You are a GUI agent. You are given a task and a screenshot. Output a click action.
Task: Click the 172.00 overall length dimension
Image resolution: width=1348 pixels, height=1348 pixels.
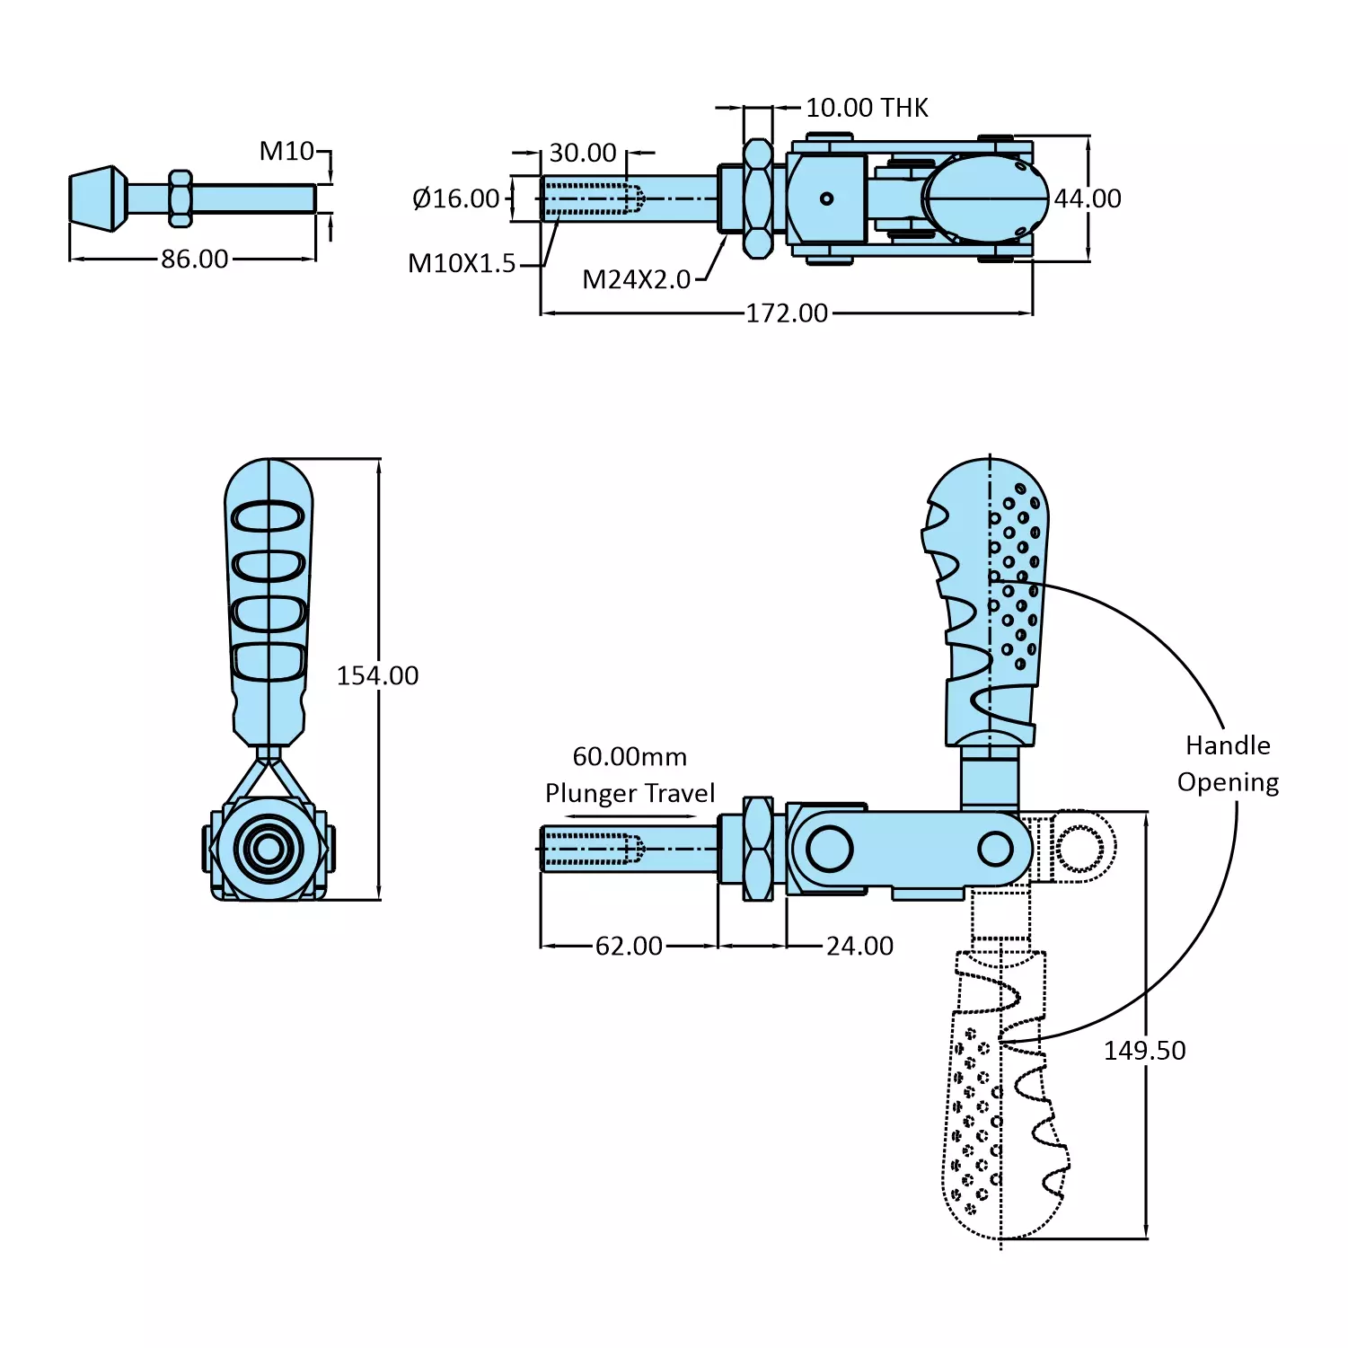(x=787, y=313)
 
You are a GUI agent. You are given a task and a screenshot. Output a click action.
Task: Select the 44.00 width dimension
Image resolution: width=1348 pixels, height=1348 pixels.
(x=1088, y=198)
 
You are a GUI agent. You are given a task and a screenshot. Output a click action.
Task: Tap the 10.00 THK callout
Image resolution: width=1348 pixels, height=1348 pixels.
(x=867, y=108)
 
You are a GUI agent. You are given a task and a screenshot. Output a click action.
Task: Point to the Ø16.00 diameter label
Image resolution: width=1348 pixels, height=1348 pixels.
(x=455, y=198)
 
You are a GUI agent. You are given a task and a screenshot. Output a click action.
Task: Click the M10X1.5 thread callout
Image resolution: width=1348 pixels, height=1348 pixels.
(x=462, y=264)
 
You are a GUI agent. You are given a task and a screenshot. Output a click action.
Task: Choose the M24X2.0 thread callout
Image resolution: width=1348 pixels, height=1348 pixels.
(x=636, y=280)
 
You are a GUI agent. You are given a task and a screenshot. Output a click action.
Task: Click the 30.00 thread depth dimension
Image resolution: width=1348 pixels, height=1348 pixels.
(x=583, y=153)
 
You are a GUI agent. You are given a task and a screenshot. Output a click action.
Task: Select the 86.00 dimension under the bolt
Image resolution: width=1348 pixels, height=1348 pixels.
(x=194, y=260)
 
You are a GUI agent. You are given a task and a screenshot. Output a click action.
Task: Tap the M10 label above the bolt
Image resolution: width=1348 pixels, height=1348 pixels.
(x=286, y=151)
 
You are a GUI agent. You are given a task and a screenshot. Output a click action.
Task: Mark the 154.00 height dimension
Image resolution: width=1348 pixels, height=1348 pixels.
(x=377, y=675)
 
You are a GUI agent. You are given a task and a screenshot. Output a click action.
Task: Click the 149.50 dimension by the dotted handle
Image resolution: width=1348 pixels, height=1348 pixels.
(x=1144, y=1050)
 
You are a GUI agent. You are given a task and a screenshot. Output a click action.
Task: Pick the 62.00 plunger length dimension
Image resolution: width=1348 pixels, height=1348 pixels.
(x=629, y=946)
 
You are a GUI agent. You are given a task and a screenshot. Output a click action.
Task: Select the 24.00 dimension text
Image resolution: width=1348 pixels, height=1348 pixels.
(x=859, y=946)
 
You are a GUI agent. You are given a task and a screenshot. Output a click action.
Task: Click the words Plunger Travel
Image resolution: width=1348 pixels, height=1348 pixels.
(x=630, y=794)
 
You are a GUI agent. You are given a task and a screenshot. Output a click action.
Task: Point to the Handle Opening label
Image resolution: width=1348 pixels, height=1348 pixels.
(x=1228, y=763)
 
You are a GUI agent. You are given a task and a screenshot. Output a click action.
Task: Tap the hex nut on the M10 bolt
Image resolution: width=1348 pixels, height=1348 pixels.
(x=181, y=198)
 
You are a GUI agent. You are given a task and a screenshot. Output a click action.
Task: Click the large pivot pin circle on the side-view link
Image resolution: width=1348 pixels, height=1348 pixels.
(x=829, y=849)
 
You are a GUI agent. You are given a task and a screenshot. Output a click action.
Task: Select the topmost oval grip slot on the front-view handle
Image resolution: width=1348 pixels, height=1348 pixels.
(x=269, y=517)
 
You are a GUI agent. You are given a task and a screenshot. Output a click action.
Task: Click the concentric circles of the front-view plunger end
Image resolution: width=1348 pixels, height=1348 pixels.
(x=268, y=848)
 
